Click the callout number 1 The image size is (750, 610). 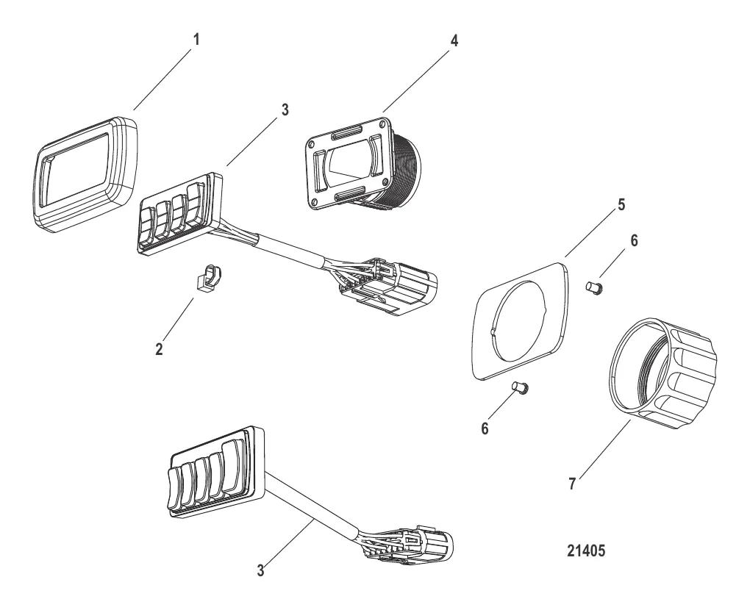pyautogui.click(x=196, y=40)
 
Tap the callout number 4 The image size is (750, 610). pyautogui.click(x=454, y=40)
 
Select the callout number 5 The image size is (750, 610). pyautogui.click(x=621, y=204)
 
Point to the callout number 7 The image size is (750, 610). pyautogui.click(x=571, y=484)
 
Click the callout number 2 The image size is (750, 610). pyautogui.click(x=159, y=349)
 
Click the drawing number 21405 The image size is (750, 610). pyautogui.click(x=586, y=550)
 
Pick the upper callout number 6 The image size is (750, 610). pyautogui.click(x=634, y=240)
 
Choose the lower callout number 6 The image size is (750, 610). pyautogui.click(x=485, y=428)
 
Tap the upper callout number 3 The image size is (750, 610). pyautogui.click(x=285, y=110)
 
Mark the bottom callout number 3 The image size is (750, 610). pyautogui.click(x=260, y=570)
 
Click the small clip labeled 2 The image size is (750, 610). pyautogui.click(x=208, y=277)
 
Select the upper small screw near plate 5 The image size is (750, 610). pyautogui.click(x=594, y=288)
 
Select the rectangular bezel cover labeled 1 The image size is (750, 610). pyautogui.click(x=85, y=174)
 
